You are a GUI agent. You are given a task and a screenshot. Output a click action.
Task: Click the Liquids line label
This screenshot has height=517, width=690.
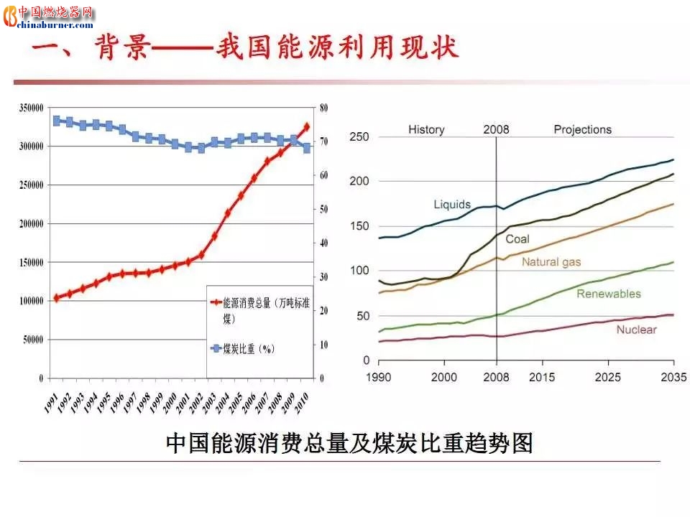[x=451, y=205]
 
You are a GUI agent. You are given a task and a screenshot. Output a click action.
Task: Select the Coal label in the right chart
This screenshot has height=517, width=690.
[x=517, y=239]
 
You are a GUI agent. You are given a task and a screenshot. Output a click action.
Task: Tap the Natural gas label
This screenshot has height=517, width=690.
[x=551, y=262]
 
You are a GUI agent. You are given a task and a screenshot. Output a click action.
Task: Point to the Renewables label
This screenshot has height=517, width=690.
[x=608, y=294]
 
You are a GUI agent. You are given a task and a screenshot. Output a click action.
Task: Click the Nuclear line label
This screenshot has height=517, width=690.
[x=636, y=330]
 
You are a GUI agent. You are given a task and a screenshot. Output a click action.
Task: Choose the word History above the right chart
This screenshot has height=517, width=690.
[x=426, y=130]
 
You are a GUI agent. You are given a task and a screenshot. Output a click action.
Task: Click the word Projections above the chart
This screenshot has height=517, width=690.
[x=582, y=130]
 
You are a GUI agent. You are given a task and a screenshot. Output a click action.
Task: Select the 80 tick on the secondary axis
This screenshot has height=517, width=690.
[x=323, y=108]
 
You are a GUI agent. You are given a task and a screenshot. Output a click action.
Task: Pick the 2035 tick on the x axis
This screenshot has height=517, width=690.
[x=673, y=377]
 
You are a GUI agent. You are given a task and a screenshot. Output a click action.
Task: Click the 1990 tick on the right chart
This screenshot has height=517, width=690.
[x=379, y=377]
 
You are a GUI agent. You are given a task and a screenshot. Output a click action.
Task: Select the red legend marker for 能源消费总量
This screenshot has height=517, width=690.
[x=215, y=304]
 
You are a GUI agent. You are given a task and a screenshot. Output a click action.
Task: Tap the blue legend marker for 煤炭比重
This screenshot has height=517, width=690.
[x=215, y=349]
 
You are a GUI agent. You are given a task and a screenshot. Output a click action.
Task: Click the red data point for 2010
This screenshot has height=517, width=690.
[x=307, y=127]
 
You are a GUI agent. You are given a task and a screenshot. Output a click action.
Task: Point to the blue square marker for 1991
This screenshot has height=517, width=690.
[x=56, y=121]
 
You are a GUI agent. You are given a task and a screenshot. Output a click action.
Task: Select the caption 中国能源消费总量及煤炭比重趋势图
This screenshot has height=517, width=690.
[x=349, y=443]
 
